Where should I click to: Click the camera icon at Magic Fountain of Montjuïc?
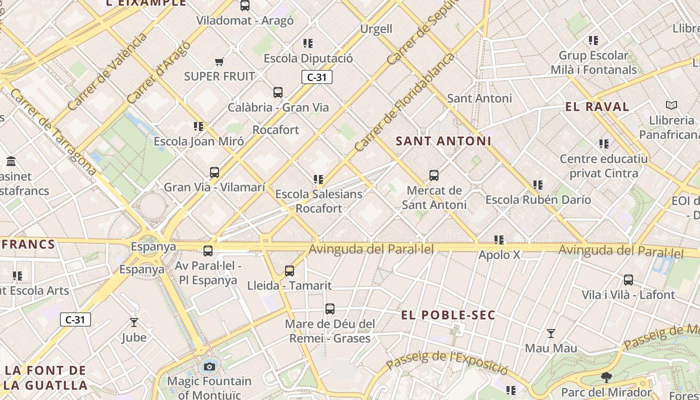tap(209, 367)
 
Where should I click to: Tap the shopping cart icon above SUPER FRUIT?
tap(219, 62)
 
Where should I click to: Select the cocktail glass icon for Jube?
tap(134, 322)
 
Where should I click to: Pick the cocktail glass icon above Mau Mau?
tap(551, 333)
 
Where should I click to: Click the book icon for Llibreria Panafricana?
tap(671, 105)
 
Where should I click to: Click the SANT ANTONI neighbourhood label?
tap(443, 141)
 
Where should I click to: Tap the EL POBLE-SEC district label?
tap(448, 315)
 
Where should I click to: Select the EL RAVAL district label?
tap(597, 106)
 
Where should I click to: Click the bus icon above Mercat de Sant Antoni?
tap(434, 175)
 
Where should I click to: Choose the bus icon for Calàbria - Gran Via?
tap(278, 92)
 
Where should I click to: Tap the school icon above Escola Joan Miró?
tap(198, 126)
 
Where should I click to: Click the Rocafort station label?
tap(275, 130)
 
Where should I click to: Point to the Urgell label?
tap(376, 29)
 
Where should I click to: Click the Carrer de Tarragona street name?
tap(52, 131)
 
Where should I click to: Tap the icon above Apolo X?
tap(498, 240)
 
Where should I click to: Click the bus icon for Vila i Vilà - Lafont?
tap(628, 280)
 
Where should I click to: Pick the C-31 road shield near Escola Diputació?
tap(317, 77)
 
